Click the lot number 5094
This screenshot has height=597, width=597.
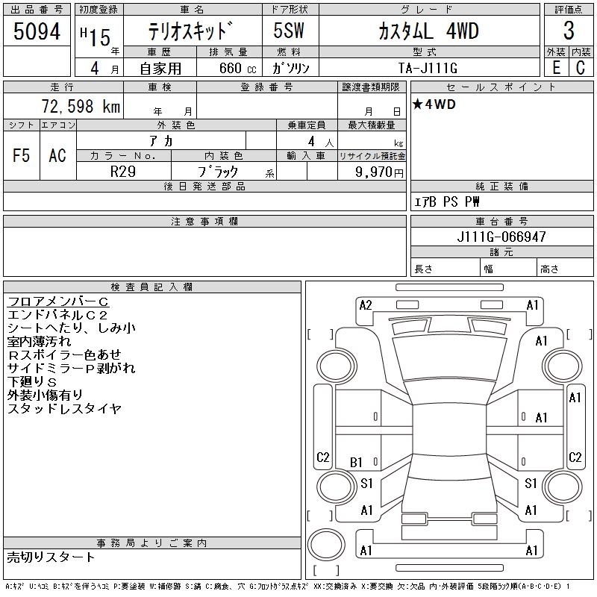(x=37, y=31)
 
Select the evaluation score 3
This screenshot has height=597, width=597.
(x=569, y=31)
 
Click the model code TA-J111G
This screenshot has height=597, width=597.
(x=428, y=68)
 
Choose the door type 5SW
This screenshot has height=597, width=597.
(x=290, y=31)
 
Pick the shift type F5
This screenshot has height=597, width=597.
(x=22, y=155)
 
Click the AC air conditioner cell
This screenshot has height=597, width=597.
(x=57, y=155)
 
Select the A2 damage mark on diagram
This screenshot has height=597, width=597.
(x=366, y=304)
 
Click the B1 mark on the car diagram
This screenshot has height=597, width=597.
(x=357, y=463)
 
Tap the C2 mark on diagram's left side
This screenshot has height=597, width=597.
(x=323, y=457)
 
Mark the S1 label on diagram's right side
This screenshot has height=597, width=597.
(x=531, y=484)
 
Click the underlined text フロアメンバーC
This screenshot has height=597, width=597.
(x=58, y=301)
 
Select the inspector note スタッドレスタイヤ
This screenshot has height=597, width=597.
(x=64, y=409)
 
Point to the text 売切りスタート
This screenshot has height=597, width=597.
(x=51, y=557)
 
